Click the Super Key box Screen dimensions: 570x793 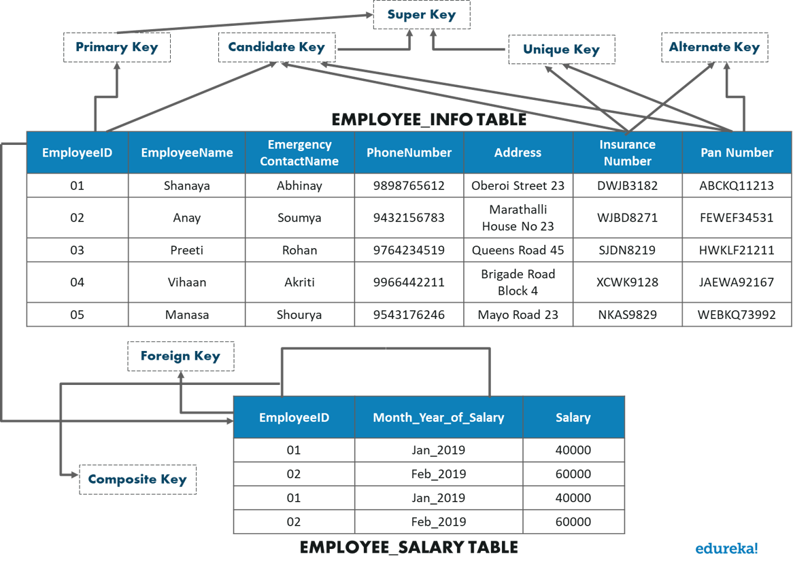(x=421, y=15)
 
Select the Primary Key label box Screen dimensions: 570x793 (x=116, y=48)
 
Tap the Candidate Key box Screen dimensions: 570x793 (x=276, y=48)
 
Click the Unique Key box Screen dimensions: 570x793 (x=561, y=50)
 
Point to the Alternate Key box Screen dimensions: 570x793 (x=714, y=48)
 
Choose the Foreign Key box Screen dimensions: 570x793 (x=180, y=356)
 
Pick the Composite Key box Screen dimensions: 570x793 (x=137, y=480)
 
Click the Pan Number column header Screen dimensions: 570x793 (x=737, y=153)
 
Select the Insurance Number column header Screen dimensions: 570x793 (x=627, y=153)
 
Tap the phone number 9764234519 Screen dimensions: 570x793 (x=409, y=250)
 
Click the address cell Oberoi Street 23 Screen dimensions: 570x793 (x=518, y=186)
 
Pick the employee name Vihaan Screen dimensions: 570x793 (x=186, y=282)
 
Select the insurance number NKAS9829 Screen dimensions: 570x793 (x=627, y=315)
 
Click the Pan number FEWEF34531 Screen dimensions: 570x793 (x=737, y=218)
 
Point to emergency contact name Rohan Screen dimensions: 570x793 (x=299, y=250)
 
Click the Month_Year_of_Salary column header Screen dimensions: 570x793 (x=438, y=418)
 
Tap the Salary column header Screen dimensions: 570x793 (x=573, y=418)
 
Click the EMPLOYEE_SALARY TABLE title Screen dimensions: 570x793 (x=409, y=548)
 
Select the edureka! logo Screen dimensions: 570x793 (x=726, y=548)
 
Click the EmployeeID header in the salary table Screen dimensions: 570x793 (x=294, y=418)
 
